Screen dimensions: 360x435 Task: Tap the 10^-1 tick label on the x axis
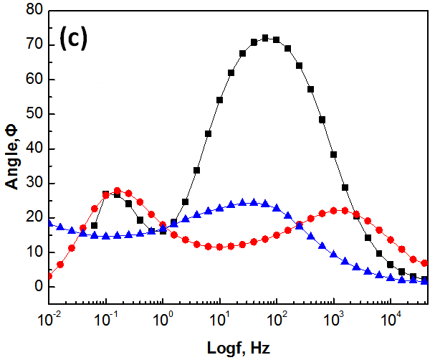pyautogui.click(x=106, y=314)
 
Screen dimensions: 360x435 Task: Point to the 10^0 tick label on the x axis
pyautogui.click(x=163, y=314)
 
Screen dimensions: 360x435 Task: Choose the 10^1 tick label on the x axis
pyautogui.click(x=219, y=314)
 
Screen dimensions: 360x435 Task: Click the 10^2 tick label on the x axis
pyautogui.click(x=277, y=314)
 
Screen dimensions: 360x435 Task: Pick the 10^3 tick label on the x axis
pyautogui.click(x=333, y=314)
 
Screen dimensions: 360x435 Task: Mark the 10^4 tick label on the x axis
pyautogui.click(x=390, y=314)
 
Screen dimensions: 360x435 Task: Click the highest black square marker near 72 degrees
pyautogui.click(x=265, y=38)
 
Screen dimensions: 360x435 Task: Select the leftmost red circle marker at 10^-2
pyautogui.click(x=49, y=276)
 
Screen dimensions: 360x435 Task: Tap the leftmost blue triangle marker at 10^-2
pyautogui.click(x=49, y=223)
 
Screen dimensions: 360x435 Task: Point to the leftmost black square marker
pyautogui.click(x=94, y=225)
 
